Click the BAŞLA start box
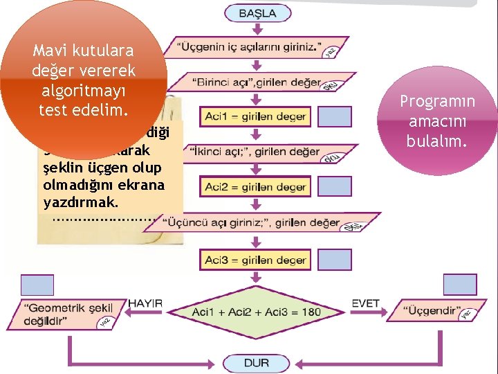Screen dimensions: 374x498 tap(257, 13)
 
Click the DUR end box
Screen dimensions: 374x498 tap(257, 362)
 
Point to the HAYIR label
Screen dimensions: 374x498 tap(145, 303)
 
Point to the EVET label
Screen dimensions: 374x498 tap(365, 303)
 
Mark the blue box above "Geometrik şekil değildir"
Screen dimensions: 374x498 tap(37, 285)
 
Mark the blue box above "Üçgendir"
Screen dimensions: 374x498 tap(459, 284)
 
